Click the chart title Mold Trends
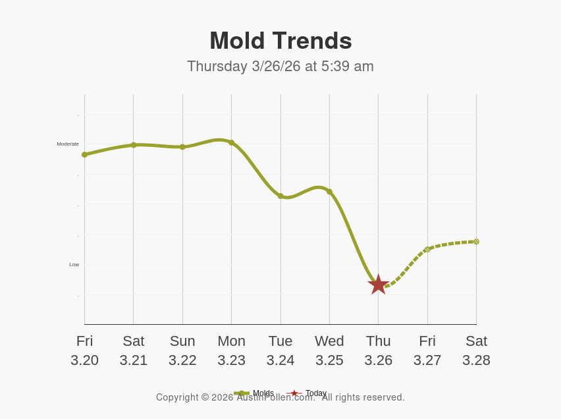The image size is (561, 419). tap(280, 41)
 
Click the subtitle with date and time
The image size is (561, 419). tap(280, 67)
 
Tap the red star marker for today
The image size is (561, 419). tap(379, 285)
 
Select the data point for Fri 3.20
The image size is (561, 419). tap(84, 155)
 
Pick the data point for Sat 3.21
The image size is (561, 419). tap(134, 145)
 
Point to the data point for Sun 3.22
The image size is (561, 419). tap(182, 147)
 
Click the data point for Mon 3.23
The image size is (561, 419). tap(231, 142)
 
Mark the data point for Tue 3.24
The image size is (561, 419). tap(280, 196)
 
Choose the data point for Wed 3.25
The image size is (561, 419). tap(329, 192)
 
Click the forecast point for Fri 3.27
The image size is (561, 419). tap(427, 249)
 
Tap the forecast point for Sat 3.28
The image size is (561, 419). tap(476, 242)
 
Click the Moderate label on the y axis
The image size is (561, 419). tap(68, 144)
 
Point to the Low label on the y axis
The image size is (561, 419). tap(74, 264)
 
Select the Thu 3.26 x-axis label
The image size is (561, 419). tap(379, 350)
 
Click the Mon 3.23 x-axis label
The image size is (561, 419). tap(231, 350)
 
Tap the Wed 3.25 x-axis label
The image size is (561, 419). tap(329, 350)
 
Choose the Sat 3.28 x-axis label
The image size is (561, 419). tap(476, 350)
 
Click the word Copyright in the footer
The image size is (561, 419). tap(178, 398)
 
